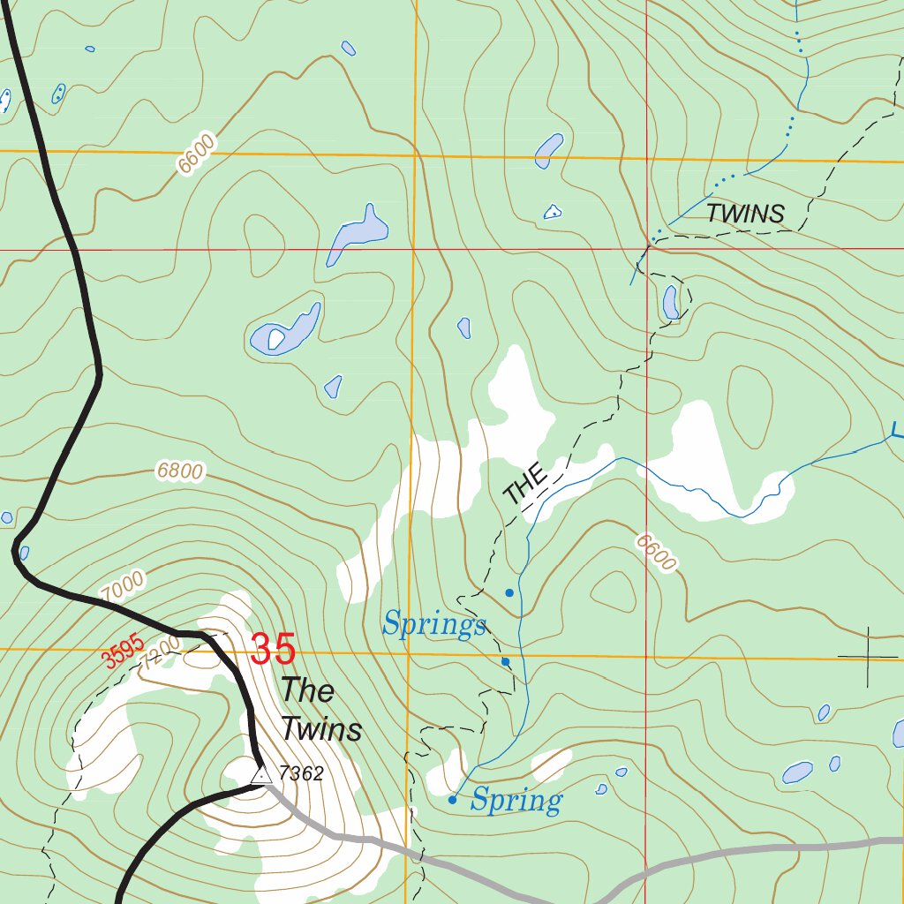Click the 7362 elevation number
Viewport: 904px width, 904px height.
click(301, 774)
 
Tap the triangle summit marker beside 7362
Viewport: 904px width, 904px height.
click(261, 774)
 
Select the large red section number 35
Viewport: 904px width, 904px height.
click(272, 650)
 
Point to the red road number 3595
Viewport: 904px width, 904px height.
click(122, 655)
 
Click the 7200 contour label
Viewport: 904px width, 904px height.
click(159, 657)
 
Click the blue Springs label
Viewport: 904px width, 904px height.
click(433, 625)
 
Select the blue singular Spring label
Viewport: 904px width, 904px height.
click(516, 801)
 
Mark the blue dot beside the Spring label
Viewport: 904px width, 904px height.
click(452, 800)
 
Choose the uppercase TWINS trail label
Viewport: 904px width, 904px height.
click(745, 214)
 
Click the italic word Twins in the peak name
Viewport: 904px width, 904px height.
click(321, 730)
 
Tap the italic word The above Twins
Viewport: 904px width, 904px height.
click(307, 690)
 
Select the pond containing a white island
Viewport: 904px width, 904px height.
click(284, 332)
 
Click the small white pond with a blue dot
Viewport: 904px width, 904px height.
click(552, 212)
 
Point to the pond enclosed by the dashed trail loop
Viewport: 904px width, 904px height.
click(671, 302)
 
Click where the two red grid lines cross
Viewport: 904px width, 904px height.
click(646, 249)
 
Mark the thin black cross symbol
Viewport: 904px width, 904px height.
click(868, 657)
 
